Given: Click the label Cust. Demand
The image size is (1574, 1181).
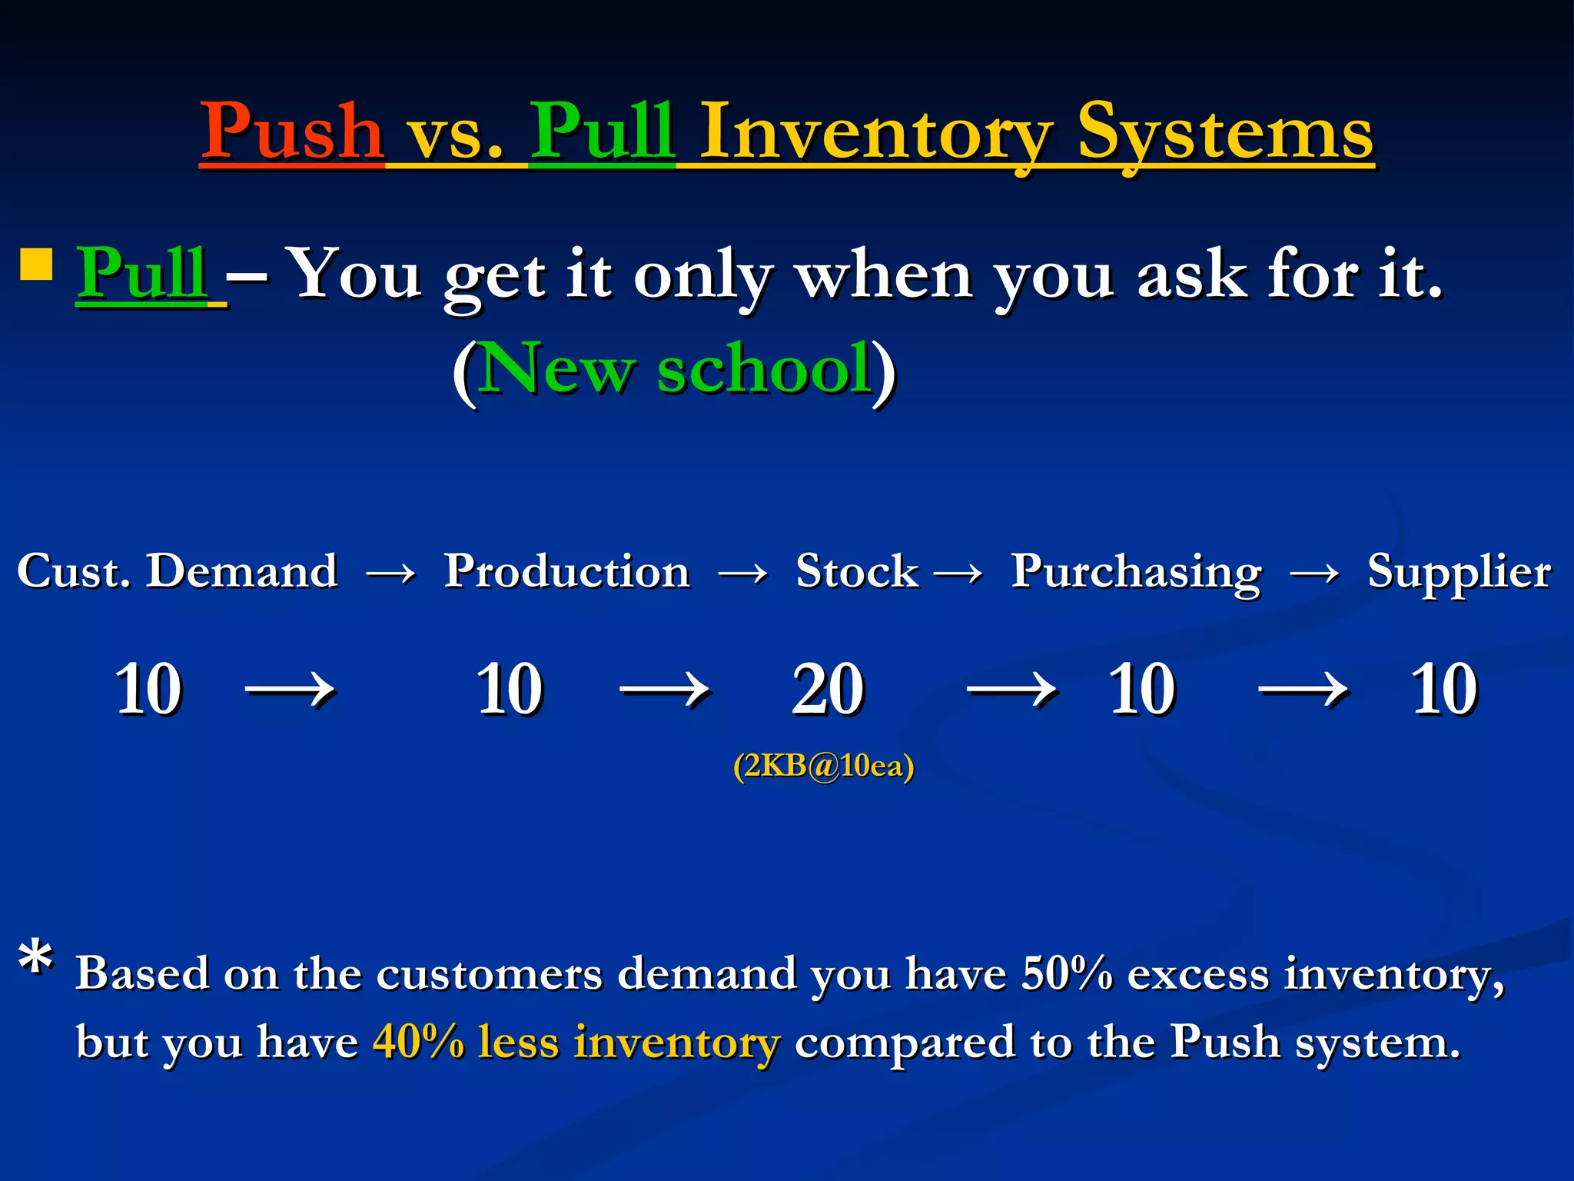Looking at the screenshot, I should point(178,571).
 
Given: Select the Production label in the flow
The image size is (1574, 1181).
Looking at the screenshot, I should point(567,571).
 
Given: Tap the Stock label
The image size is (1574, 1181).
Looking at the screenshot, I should point(857,571).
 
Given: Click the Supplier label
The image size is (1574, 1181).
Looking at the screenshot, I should point(1459,571).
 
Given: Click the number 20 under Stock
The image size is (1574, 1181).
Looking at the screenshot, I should point(828,690).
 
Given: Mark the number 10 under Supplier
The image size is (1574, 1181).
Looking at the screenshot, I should point(1444,690).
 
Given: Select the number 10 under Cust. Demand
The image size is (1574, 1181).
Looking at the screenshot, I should point(148,690).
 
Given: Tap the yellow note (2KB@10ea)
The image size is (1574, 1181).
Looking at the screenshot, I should point(823,766).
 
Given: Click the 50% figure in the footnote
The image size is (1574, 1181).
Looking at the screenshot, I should point(1067,973).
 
